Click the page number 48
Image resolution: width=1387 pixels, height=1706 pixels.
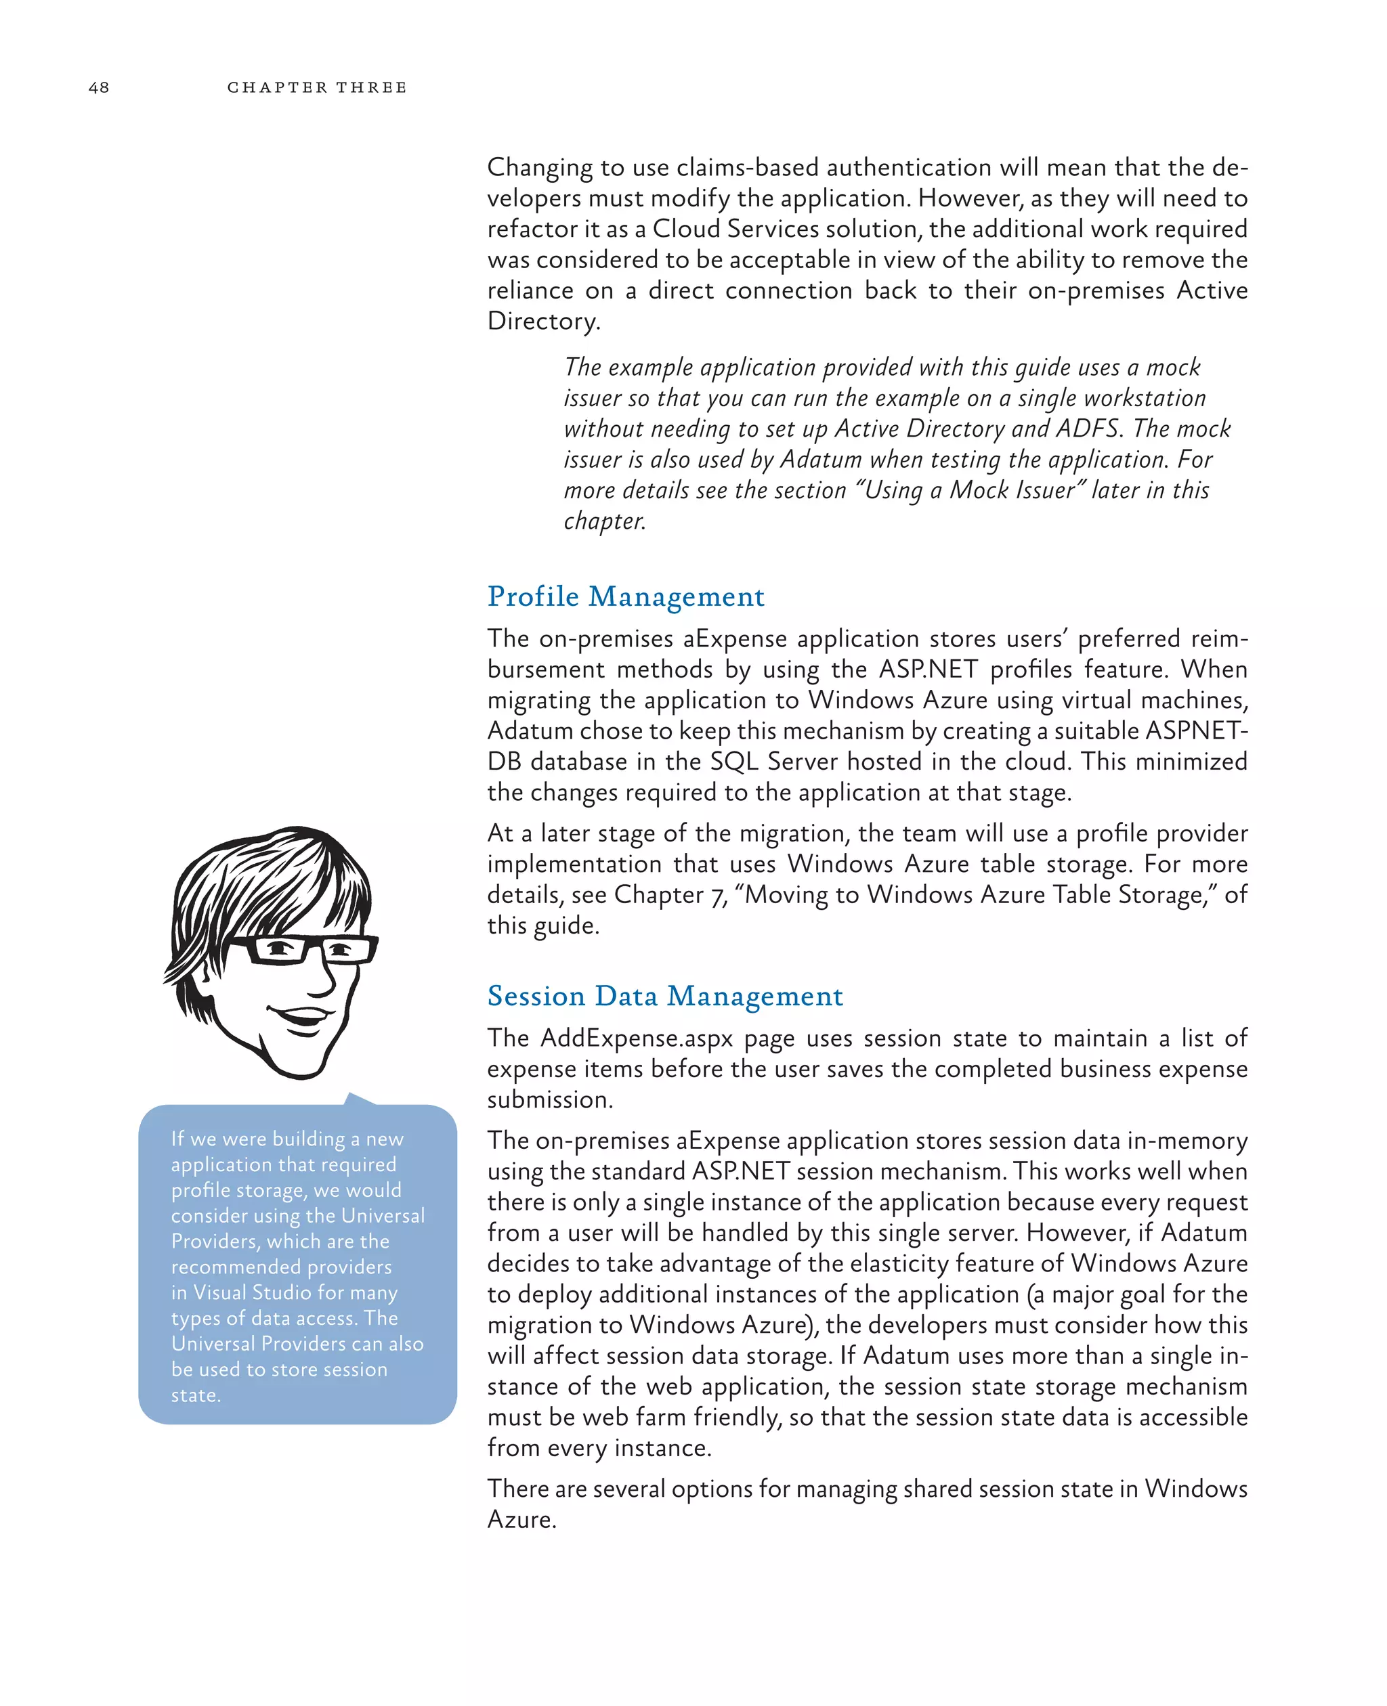click(99, 87)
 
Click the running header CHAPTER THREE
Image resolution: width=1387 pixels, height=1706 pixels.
click(316, 87)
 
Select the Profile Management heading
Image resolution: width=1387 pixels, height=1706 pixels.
click(626, 596)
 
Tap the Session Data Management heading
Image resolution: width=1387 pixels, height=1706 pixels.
click(665, 996)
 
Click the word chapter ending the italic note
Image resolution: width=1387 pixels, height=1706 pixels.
click(603, 521)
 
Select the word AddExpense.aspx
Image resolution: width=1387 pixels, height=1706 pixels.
click(636, 1038)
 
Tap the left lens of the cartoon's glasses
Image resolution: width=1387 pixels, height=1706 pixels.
click(277, 950)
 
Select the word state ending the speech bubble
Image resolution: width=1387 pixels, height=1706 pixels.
click(194, 1395)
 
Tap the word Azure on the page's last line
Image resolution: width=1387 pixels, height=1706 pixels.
click(520, 1520)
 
